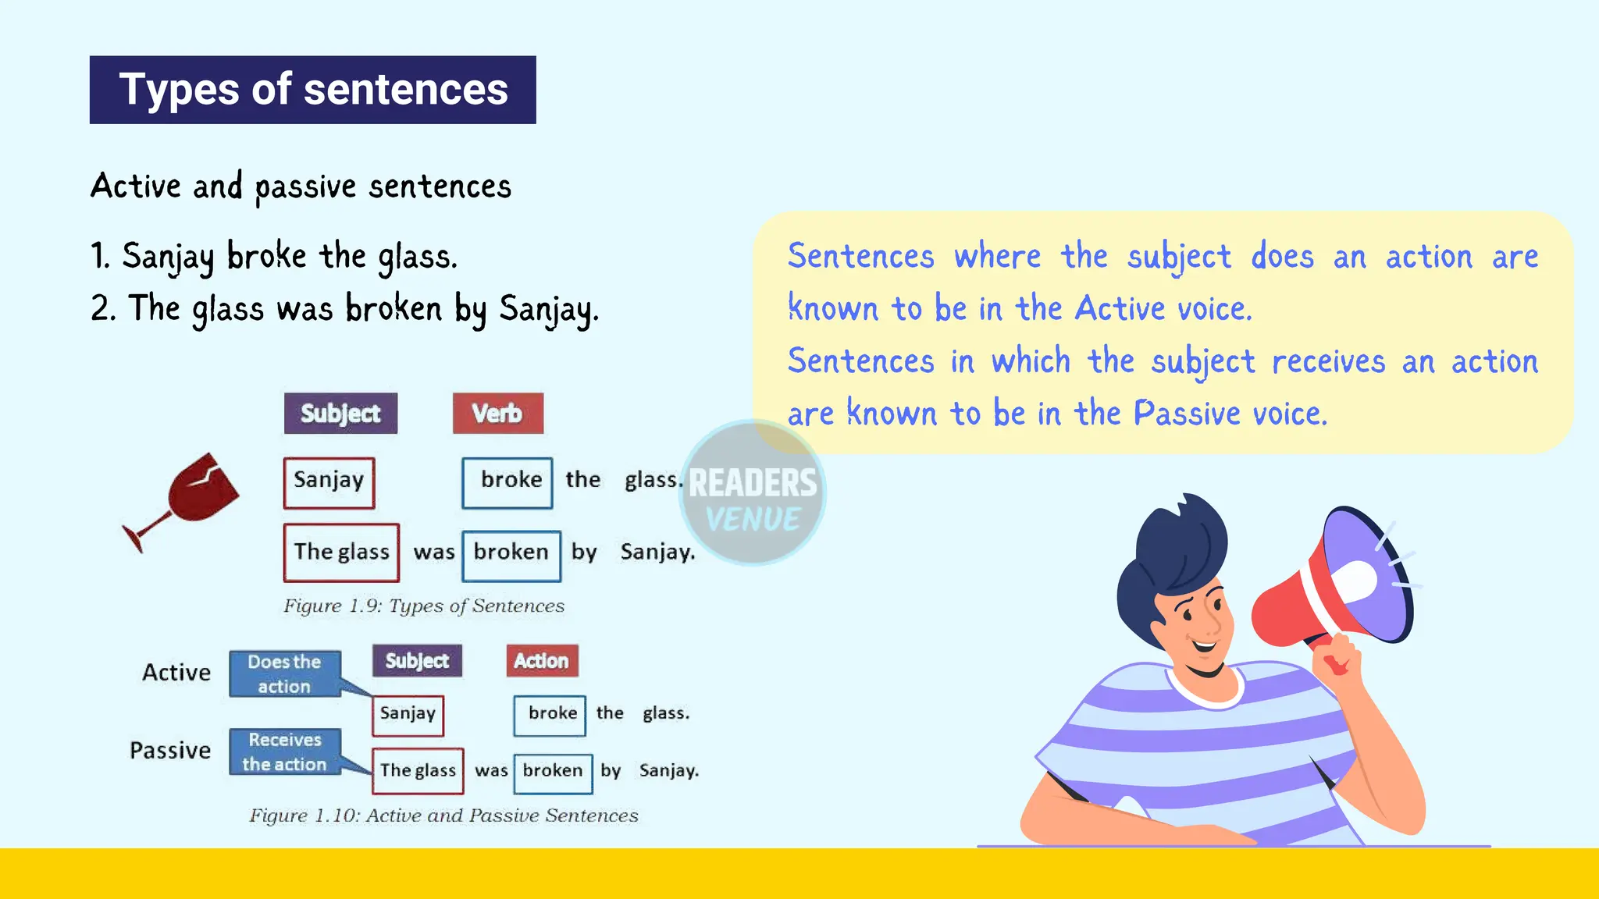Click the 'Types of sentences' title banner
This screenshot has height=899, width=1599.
click(x=312, y=90)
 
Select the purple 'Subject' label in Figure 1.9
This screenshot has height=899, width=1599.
click(x=340, y=414)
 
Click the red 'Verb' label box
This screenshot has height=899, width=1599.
click(x=497, y=414)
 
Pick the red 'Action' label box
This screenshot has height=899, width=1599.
click(x=542, y=661)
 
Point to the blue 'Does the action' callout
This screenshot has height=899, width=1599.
click(x=284, y=673)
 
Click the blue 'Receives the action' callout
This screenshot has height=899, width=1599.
click(x=284, y=752)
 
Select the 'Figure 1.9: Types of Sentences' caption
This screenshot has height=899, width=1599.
click(x=423, y=606)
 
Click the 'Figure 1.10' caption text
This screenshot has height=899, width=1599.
click(x=443, y=815)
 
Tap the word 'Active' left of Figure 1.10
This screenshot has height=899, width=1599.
click(x=176, y=673)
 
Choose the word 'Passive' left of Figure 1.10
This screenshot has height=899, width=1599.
click(x=170, y=751)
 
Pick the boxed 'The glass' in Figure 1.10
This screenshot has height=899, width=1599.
click(x=418, y=771)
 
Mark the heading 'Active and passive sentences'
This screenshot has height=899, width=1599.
click(x=301, y=187)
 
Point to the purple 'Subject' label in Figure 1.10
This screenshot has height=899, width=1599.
click(x=417, y=661)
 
